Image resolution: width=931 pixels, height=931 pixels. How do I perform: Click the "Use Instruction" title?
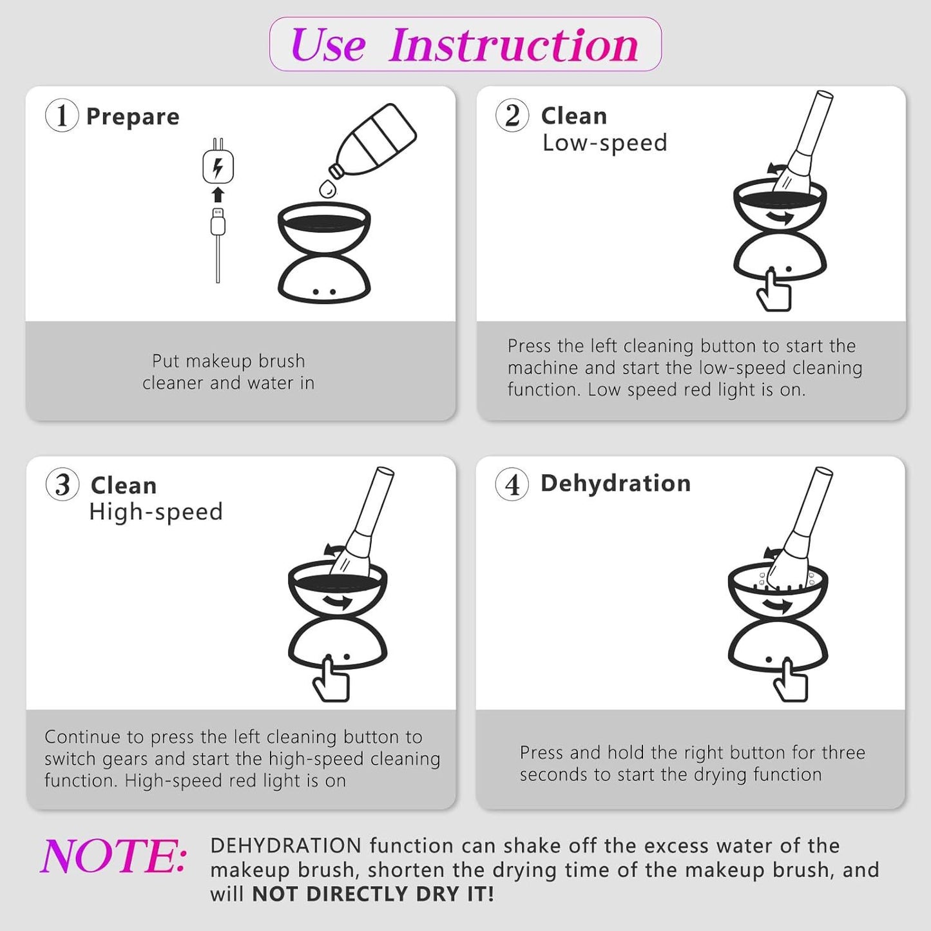coord(465,44)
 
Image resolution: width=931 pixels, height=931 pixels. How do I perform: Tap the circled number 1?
coord(62,115)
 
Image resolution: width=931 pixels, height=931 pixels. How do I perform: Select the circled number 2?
coord(512,115)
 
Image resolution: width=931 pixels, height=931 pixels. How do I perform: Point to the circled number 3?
coord(62,485)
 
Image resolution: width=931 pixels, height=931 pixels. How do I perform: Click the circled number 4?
coord(512,485)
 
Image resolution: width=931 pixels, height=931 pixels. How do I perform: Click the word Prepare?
coord(132,117)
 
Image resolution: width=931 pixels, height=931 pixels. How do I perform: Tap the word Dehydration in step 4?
coord(615,483)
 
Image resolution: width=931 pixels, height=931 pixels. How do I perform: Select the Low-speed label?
coord(604,143)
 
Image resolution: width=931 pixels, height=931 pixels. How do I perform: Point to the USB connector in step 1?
coord(218,221)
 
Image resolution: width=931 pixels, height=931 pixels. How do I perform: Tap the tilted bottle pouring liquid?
coord(372,141)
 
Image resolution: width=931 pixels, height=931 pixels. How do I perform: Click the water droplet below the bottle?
coord(328,188)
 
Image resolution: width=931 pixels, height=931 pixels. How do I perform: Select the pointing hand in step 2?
coord(774,289)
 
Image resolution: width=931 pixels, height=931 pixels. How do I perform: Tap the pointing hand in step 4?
coord(789,680)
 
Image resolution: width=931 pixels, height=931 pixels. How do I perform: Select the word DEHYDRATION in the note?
coord(286,846)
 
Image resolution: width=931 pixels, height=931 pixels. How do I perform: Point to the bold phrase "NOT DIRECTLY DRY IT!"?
coord(373,894)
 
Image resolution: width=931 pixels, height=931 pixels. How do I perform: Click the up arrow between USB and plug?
coord(218,195)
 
